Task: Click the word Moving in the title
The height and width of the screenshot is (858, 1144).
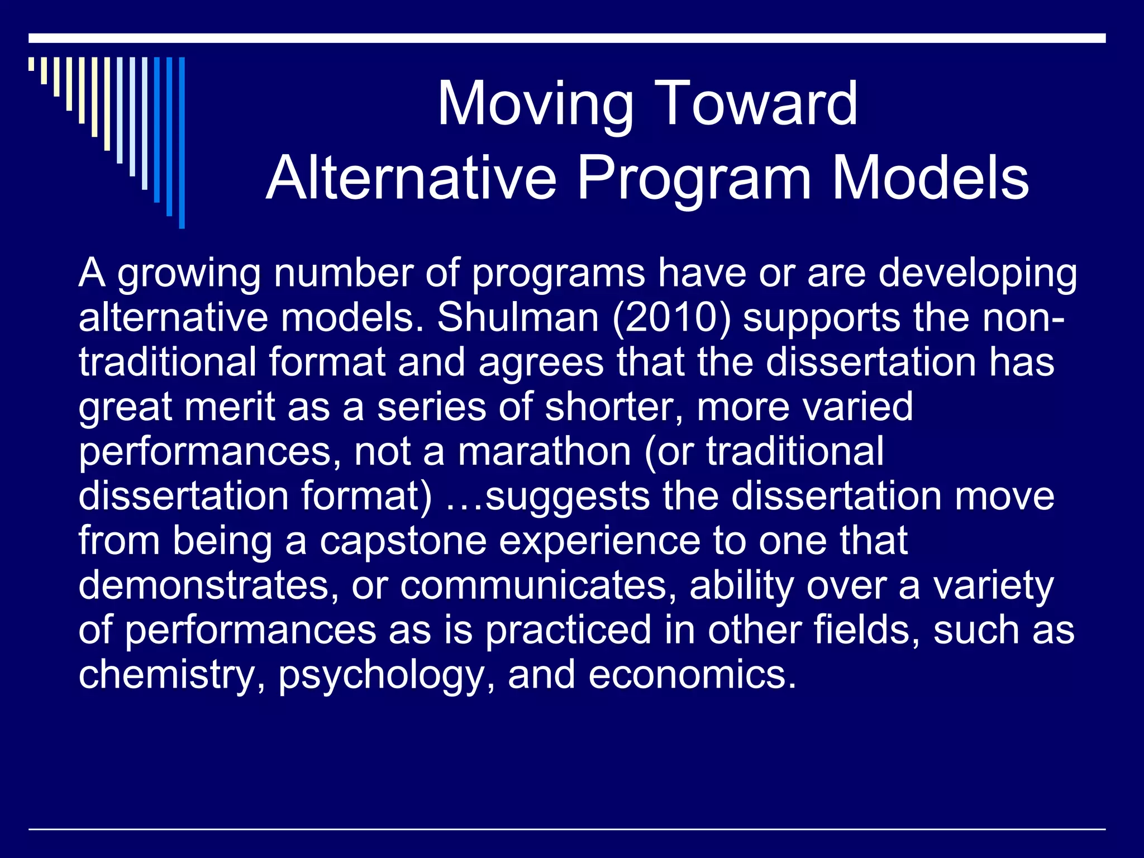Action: tap(535, 104)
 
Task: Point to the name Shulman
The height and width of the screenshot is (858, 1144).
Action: tap(517, 317)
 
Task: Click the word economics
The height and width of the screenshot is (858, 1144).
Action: tap(692, 675)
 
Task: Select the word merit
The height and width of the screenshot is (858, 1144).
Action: tap(230, 407)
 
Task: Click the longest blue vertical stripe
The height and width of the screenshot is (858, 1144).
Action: tap(182, 142)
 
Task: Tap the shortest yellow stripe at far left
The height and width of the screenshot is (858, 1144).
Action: tap(31, 64)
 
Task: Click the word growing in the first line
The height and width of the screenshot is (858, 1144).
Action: tap(189, 274)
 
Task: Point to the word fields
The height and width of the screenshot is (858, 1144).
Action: tap(865, 630)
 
